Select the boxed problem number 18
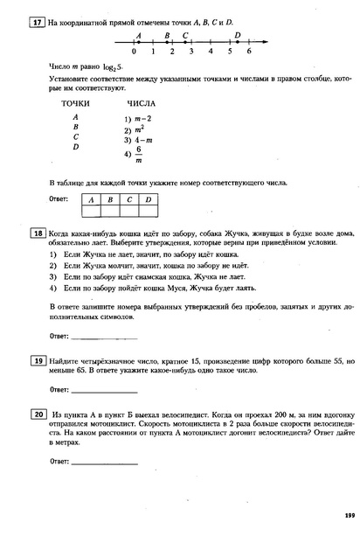point(38,233)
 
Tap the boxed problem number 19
point(38,360)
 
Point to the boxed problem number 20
point(38,414)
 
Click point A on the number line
point(138,42)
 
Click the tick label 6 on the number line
point(249,52)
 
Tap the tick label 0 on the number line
point(135,52)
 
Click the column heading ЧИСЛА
point(141,103)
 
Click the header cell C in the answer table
point(128,200)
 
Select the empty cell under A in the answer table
point(90,211)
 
